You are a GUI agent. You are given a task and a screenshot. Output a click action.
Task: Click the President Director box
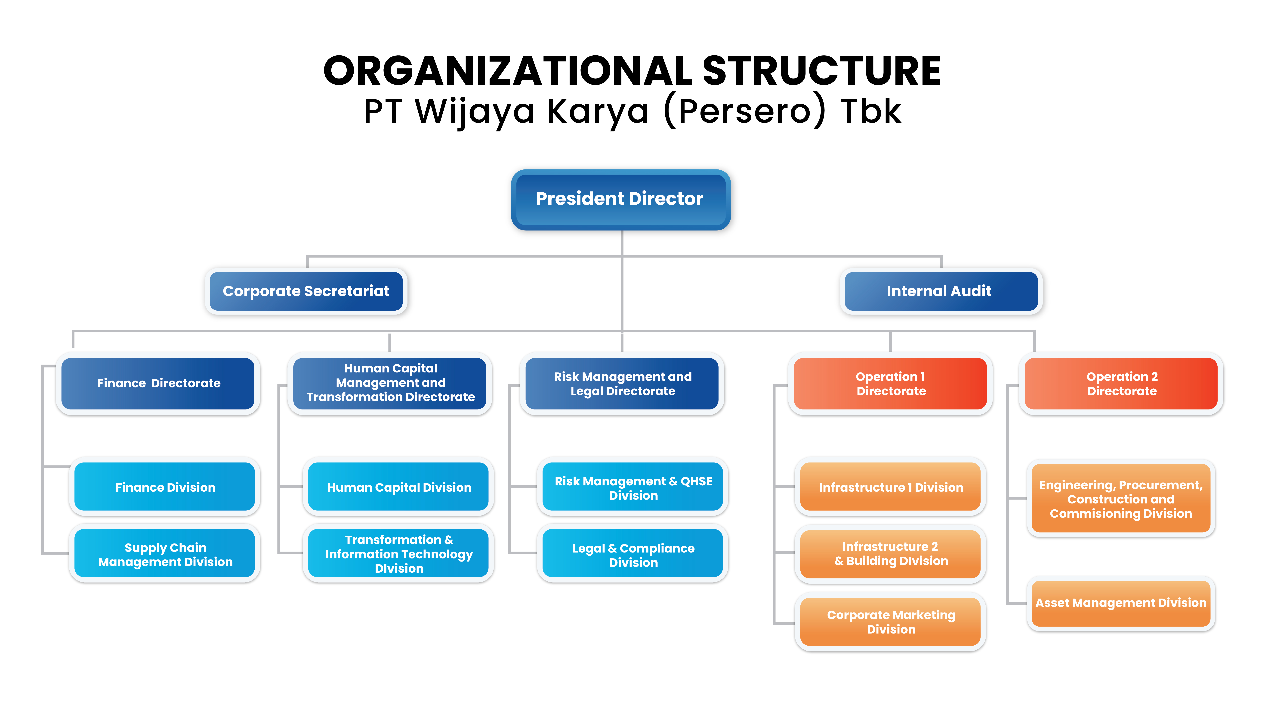coord(621,200)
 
